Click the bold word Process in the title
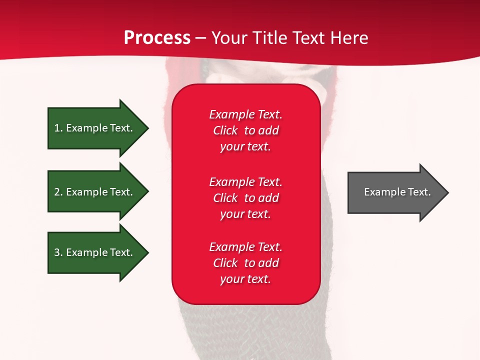[157, 37]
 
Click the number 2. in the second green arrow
[58, 192]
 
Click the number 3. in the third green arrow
[58, 252]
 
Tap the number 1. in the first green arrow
[58, 128]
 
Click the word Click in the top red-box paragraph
[225, 130]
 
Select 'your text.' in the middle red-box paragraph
[245, 214]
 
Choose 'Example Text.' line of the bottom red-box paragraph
[245, 247]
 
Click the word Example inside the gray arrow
[381, 192]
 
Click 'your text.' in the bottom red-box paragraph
[245, 279]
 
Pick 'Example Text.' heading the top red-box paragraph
[245, 114]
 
